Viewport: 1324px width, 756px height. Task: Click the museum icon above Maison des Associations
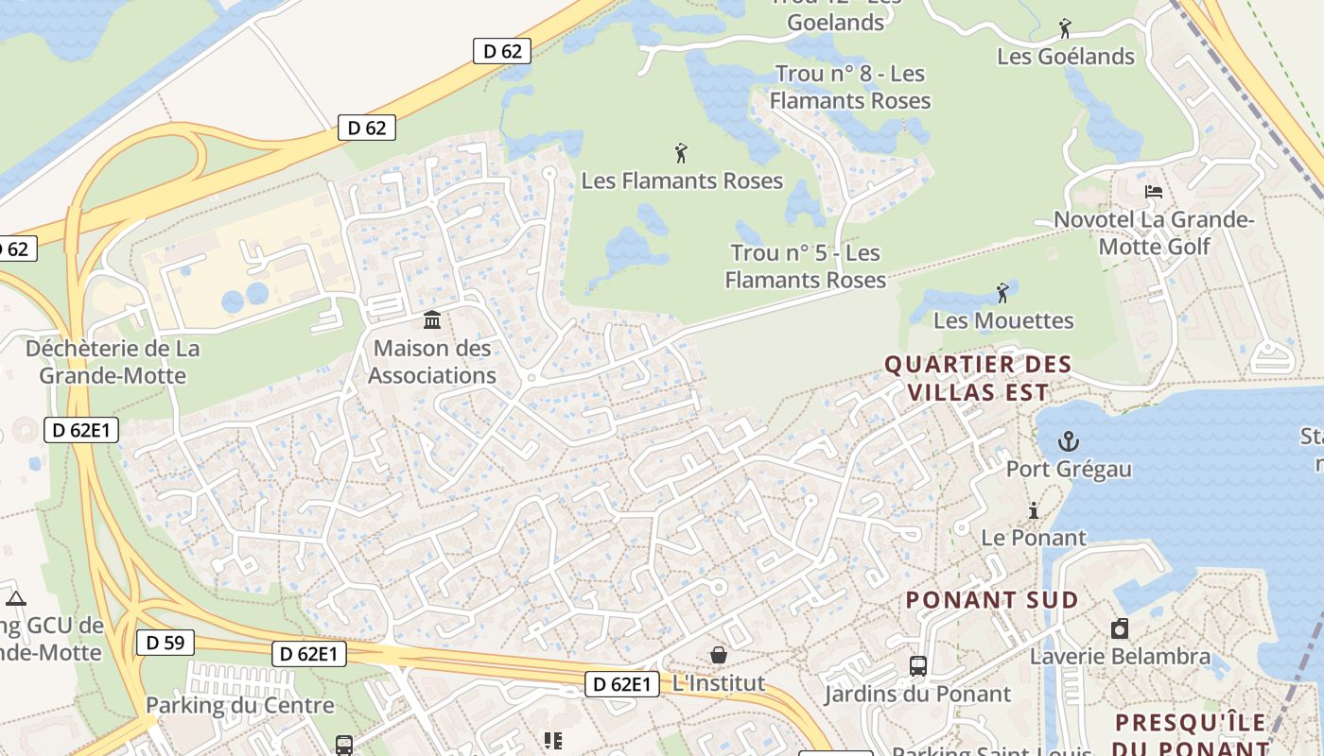point(432,320)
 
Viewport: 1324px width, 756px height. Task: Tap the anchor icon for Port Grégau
point(1068,441)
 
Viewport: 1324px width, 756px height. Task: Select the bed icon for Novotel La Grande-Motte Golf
point(1153,192)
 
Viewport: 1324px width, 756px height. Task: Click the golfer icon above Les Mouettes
point(1002,293)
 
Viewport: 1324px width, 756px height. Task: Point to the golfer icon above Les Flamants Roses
point(681,153)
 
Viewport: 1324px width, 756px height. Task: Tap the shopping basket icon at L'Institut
point(719,655)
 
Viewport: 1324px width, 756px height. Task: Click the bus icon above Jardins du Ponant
point(917,665)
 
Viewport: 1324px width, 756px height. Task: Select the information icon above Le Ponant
point(1034,511)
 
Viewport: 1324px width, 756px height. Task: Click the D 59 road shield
point(165,644)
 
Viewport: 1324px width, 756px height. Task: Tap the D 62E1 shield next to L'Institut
point(621,684)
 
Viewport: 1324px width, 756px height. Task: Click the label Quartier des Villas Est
point(978,378)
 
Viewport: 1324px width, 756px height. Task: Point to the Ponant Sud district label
point(991,600)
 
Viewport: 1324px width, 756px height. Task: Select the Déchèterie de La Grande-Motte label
point(113,362)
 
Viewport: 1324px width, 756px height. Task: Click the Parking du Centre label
point(240,706)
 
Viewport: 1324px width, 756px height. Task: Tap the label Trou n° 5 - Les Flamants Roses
point(806,266)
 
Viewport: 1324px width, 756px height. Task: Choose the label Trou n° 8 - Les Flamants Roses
point(849,87)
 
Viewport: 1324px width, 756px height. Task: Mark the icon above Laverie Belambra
point(1120,628)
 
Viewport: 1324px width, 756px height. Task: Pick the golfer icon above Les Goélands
point(1065,28)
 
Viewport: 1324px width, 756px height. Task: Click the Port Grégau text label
point(1069,469)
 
